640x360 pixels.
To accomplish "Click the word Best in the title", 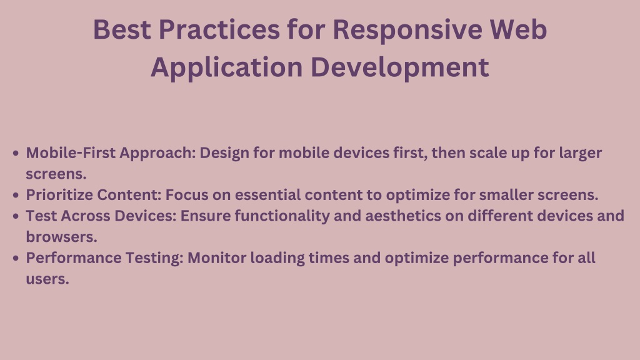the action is pyautogui.click(x=122, y=29).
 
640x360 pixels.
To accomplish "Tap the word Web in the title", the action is pyautogui.click(x=518, y=29).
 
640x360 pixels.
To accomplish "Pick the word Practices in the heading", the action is pyautogui.click(x=219, y=29).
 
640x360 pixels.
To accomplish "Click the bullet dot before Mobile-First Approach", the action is pyautogui.click(x=16, y=154).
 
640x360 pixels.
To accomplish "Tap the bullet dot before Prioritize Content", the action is pyautogui.click(x=16, y=196).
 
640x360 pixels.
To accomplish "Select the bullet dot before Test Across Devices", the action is pyautogui.click(x=16, y=216).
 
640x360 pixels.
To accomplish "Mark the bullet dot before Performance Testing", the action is pyautogui.click(x=16, y=258).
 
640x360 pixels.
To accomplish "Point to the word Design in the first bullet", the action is pyautogui.click(x=224, y=154).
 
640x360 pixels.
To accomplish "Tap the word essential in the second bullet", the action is pyautogui.click(x=267, y=195).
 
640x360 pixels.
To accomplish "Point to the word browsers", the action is pyautogui.click(x=62, y=237).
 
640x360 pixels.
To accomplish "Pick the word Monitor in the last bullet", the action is pyautogui.click(x=217, y=258).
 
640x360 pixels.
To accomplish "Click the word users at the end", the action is pyautogui.click(x=47, y=279).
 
